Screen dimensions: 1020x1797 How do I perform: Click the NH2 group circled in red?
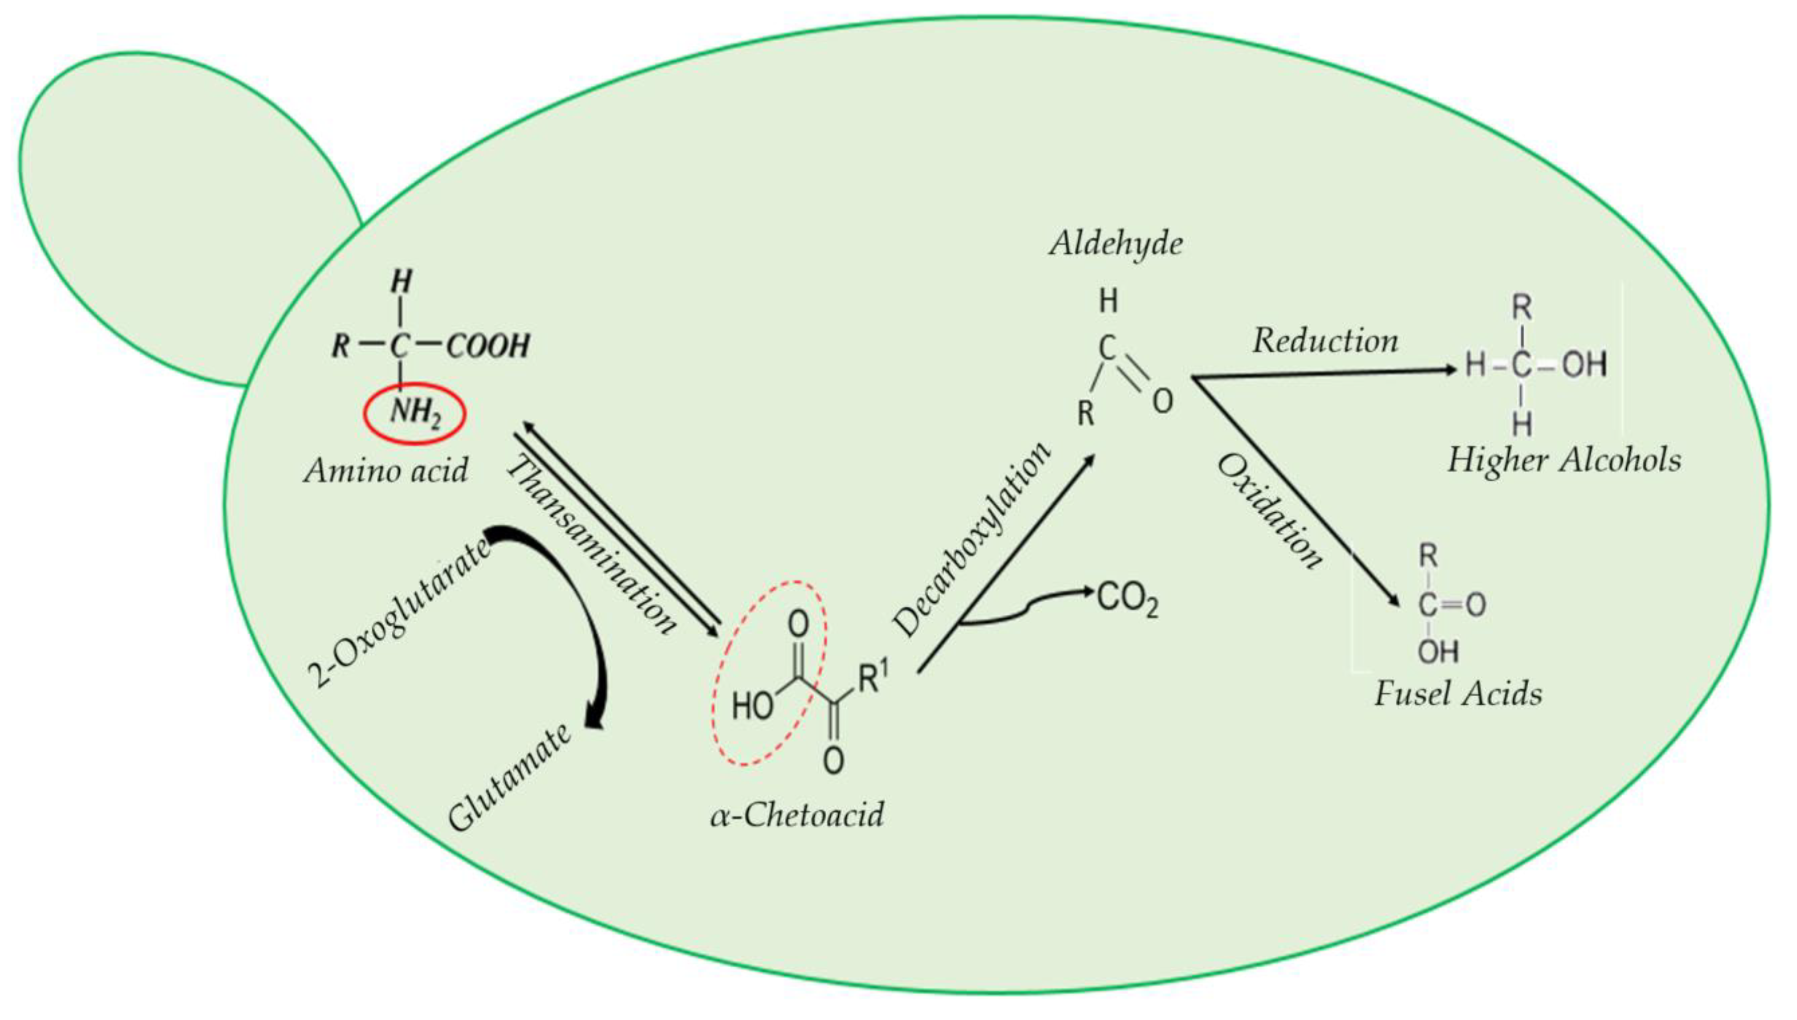tap(415, 413)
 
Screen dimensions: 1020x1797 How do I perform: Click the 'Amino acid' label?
tap(386, 470)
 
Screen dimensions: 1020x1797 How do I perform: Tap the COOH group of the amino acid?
tap(488, 346)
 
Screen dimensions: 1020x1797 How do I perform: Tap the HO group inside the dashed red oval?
tap(752, 706)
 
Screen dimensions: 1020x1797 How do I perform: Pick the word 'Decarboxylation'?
tap(974, 539)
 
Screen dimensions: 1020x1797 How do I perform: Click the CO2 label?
tap(1127, 600)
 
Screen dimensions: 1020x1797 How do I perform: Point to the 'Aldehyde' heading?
tap(1116, 244)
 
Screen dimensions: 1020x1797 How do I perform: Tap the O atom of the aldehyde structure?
tap(1162, 401)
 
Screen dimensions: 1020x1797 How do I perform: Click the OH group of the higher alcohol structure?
tap(1585, 365)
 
